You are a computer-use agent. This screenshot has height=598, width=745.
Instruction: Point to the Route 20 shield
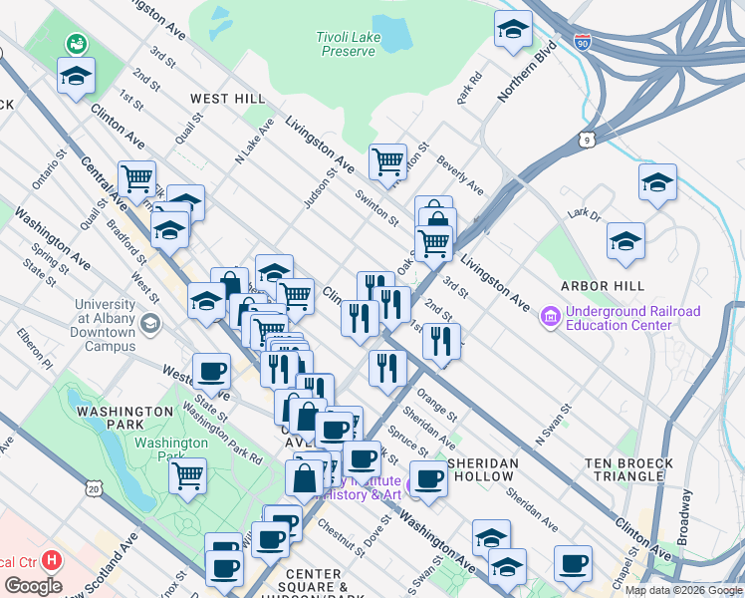[x=94, y=489]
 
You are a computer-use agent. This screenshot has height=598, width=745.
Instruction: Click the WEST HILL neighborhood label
[x=227, y=99]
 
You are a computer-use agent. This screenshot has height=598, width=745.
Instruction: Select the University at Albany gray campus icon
[x=149, y=323]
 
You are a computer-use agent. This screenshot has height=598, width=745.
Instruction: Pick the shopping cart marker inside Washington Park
[x=186, y=476]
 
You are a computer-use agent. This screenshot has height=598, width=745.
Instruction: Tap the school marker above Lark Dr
[x=657, y=182]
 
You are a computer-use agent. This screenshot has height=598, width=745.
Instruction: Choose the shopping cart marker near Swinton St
[x=387, y=159]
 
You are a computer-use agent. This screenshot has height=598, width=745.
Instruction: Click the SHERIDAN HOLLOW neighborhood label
[x=483, y=470]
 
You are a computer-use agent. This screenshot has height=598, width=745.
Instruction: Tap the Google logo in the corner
[x=33, y=586]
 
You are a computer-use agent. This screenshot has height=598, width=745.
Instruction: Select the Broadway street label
[x=684, y=533]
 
